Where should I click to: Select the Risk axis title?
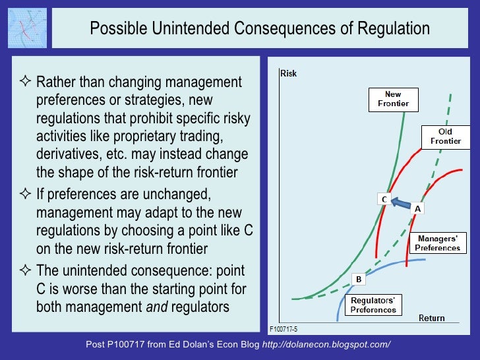click(289, 73)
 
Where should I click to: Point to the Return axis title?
click(432, 318)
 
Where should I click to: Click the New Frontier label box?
click(393, 99)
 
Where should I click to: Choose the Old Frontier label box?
click(445, 136)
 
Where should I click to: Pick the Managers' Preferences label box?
click(437, 243)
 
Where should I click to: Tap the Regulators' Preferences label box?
click(373, 305)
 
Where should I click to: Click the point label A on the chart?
click(417, 208)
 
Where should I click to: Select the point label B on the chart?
click(359, 280)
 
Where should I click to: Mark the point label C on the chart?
click(382, 198)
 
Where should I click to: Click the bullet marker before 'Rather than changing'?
click(26, 83)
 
